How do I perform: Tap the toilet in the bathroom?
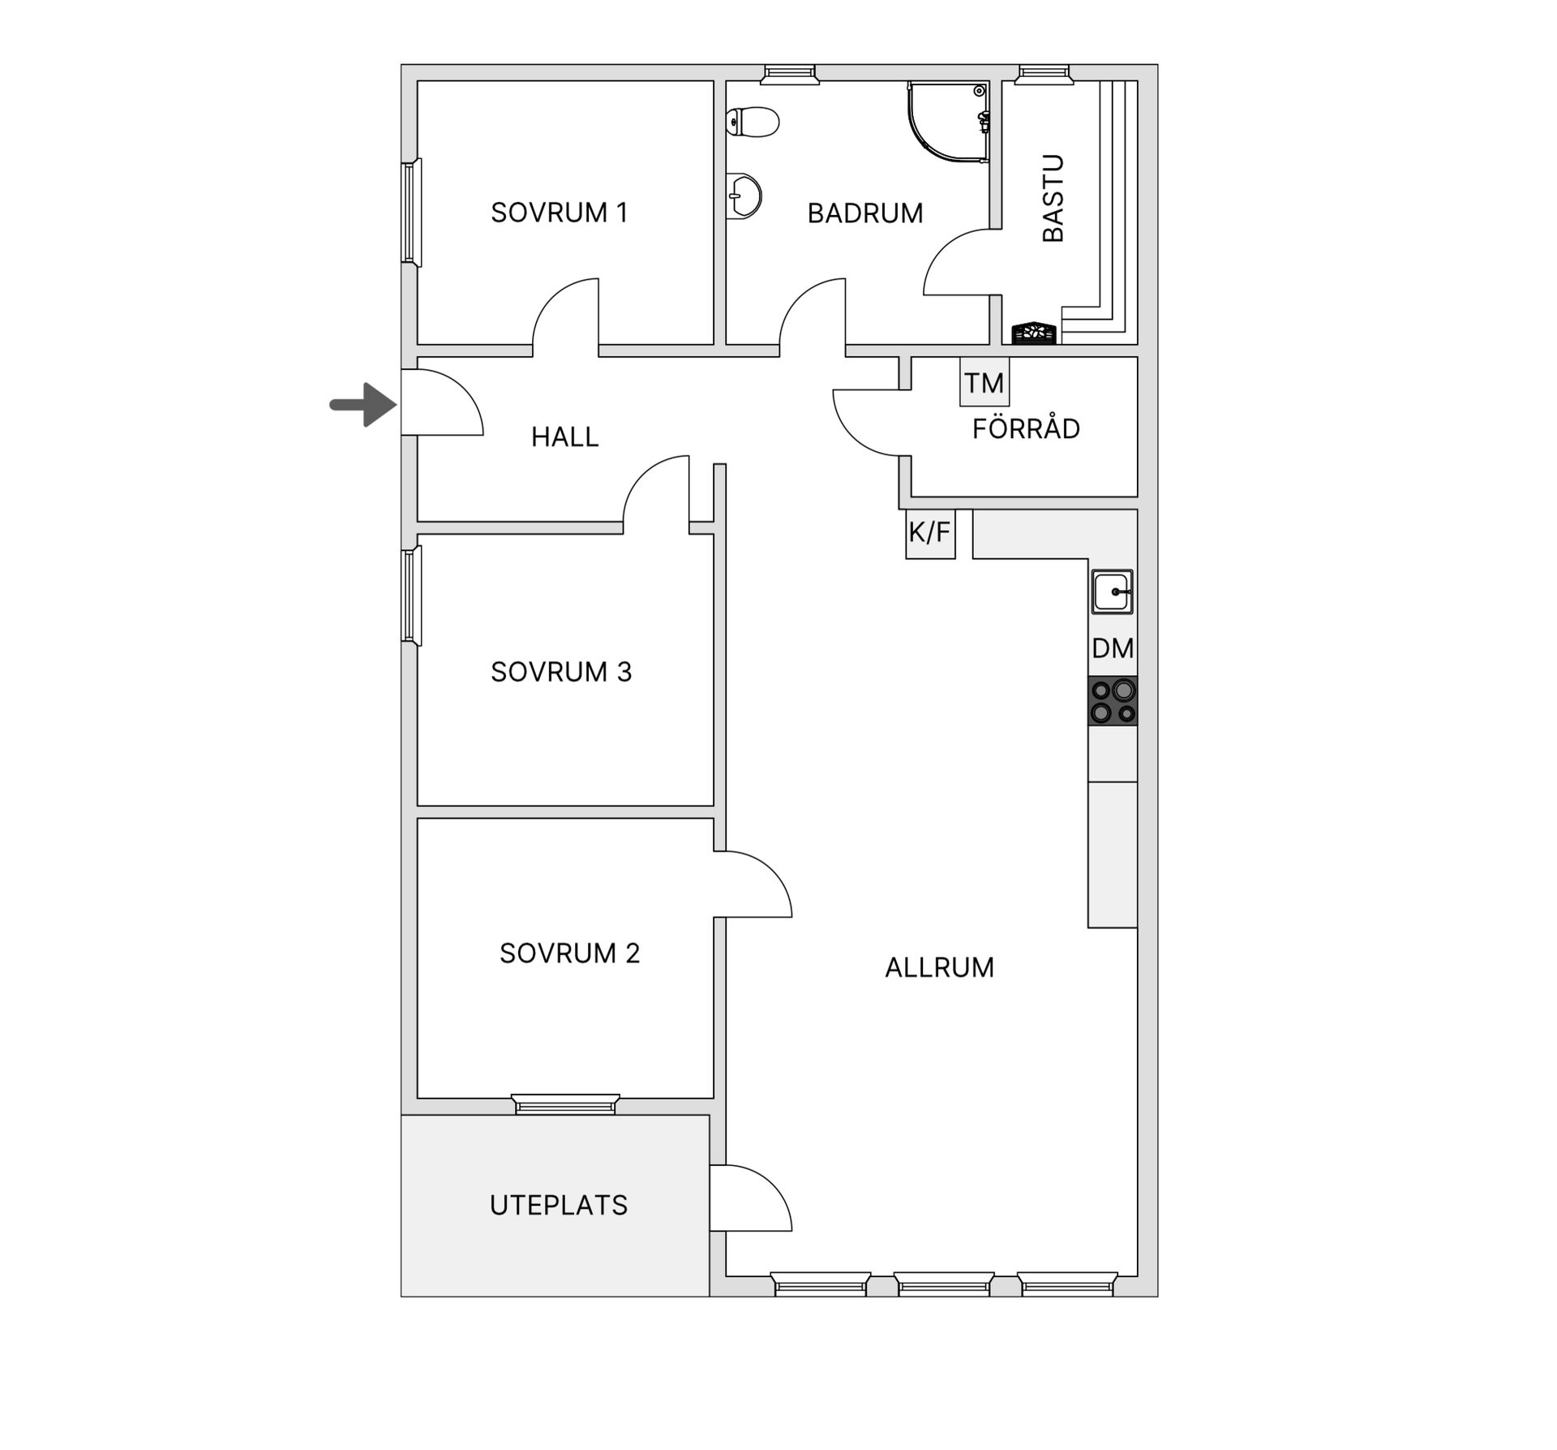point(753,123)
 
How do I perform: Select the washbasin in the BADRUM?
point(745,196)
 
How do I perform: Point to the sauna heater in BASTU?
point(1034,333)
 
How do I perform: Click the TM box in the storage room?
point(984,382)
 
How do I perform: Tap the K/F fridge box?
point(929,533)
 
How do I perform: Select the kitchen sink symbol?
point(1112,592)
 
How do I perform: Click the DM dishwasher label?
point(1113,648)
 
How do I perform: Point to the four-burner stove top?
point(1112,701)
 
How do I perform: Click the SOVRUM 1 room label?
point(560,213)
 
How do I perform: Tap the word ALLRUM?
point(939,967)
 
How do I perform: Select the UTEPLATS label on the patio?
point(559,1205)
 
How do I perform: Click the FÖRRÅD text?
point(1026,428)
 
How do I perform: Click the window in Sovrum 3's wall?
point(411,596)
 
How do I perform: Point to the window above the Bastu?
point(1046,75)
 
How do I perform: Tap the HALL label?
point(564,437)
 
